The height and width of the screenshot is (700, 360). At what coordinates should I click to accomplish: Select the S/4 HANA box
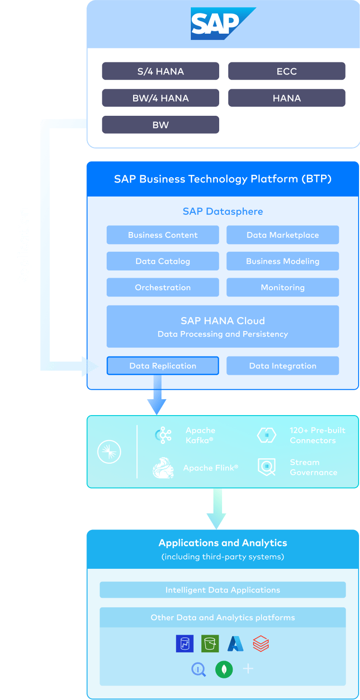pyautogui.click(x=161, y=71)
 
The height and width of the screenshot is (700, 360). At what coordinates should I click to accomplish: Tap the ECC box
pyautogui.click(x=286, y=71)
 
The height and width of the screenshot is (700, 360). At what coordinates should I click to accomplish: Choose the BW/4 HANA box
pyautogui.click(x=161, y=98)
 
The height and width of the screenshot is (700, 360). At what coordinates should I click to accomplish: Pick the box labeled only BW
pyautogui.click(x=161, y=125)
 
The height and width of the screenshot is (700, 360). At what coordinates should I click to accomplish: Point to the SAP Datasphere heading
pyautogui.click(x=223, y=211)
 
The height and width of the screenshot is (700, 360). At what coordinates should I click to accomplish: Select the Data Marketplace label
pyautogui.click(x=283, y=235)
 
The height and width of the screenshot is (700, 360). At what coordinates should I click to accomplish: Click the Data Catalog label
pyautogui.click(x=163, y=261)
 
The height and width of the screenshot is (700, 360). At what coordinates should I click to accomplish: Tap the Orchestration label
pyautogui.click(x=163, y=287)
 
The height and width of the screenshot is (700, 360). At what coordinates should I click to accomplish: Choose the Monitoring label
pyautogui.click(x=283, y=287)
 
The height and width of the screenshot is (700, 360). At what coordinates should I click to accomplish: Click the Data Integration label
pyautogui.click(x=283, y=366)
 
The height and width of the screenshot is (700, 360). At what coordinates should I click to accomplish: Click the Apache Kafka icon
pyautogui.click(x=166, y=435)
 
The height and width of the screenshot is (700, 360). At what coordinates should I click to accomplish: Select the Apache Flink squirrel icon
pyautogui.click(x=163, y=467)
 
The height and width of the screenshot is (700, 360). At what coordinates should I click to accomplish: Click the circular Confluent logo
pyautogui.click(x=109, y=452)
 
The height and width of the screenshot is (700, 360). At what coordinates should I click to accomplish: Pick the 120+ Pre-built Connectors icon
pyautogui.click(x=266, y=435)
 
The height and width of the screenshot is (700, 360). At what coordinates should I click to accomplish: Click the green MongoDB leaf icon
pyautogui.click(x=224, y=669)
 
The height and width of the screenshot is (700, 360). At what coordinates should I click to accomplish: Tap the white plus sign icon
pyautogui.click(x=248, y=669)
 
